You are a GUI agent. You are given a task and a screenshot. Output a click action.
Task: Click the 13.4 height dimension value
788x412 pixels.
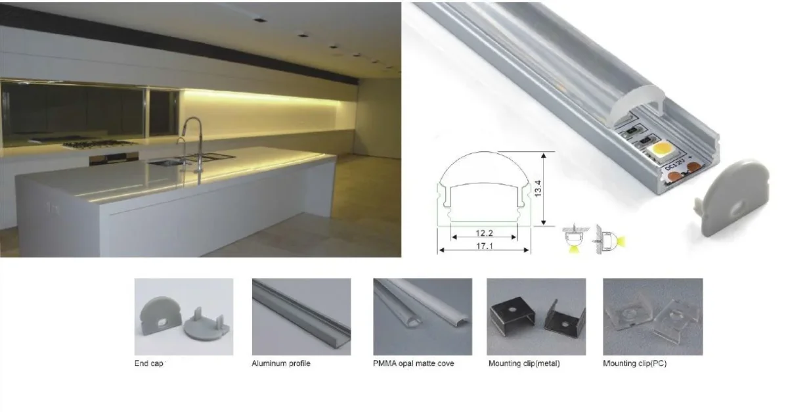(x=538, y=189)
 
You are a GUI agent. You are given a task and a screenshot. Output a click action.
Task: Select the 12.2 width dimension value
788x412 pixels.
(x=484, y=233)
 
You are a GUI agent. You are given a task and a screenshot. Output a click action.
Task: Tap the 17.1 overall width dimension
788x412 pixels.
(x=485, y=246)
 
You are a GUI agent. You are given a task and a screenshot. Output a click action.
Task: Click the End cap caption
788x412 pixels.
(x=148, y=363)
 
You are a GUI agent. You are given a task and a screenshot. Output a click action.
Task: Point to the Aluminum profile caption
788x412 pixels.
(x=281, y=363)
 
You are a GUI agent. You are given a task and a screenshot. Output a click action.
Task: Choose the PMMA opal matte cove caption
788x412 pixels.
(x=413, y=363)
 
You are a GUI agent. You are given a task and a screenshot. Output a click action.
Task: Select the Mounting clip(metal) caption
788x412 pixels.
(x=524, y=363)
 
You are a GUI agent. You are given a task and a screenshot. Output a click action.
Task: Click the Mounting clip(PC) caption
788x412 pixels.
(x=634, y=363)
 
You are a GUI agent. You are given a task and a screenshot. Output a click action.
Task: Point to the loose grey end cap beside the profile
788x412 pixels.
(x=732, y=198)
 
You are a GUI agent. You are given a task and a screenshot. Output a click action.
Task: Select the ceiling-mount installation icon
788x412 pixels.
(x=575, y=239)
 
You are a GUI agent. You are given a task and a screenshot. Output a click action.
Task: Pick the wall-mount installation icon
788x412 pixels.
(x=610, y=239)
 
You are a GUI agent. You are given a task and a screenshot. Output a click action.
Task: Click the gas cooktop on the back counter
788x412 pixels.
(x=98, y=143)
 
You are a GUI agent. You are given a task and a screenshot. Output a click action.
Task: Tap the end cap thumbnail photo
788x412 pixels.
(x=184, y=317)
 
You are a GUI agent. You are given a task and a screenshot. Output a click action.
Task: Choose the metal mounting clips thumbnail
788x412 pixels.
(x=536, y=317)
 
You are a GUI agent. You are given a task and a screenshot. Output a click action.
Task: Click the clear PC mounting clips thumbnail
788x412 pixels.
(x=653, y=317)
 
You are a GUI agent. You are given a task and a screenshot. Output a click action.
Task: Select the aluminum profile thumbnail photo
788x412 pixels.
(x=301, y=317)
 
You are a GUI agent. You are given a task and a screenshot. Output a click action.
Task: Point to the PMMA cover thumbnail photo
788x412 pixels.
(x=422, y=317)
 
